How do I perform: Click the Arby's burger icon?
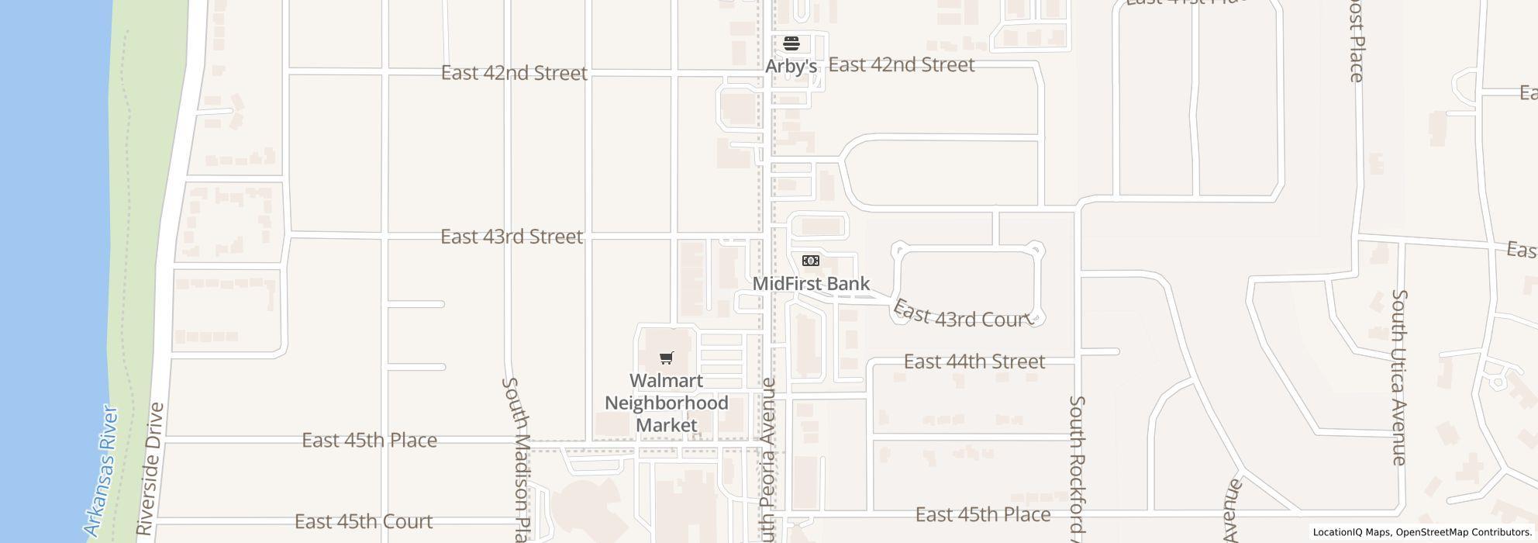[791, 43]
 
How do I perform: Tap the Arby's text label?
[791, 67]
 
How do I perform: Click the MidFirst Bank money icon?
[810, 261]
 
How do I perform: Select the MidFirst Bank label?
[811, 284]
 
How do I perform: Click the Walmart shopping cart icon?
[666, 358]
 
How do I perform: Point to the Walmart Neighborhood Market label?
[666, 403]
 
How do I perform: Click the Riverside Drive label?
[150, 469]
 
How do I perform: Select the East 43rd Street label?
[511, 237]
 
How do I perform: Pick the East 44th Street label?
[974, 361]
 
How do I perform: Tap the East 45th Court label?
[363, 521]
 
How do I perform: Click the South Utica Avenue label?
[1398, 377]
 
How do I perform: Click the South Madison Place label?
[518, 458]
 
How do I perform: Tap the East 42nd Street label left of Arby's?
[514, 73]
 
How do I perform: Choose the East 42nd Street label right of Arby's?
[901, 64]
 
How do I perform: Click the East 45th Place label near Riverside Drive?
[369, 441]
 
